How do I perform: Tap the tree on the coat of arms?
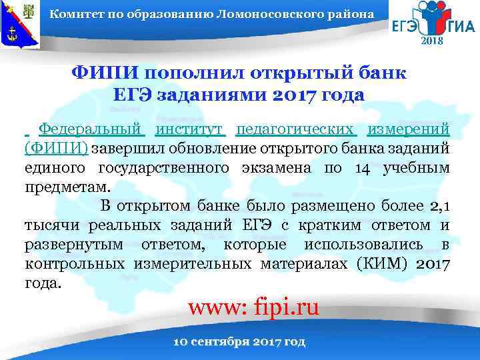pyautogui.click(x=31, y=11)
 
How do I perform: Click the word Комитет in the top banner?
pyautogui.click(x=74, y=14)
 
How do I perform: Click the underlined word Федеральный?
pyautogui.click(x=91, y=128)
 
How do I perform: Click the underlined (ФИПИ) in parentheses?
pyautogui.click(x=56, y=147)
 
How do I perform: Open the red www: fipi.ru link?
pyautogui.click(x=254, y=308)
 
